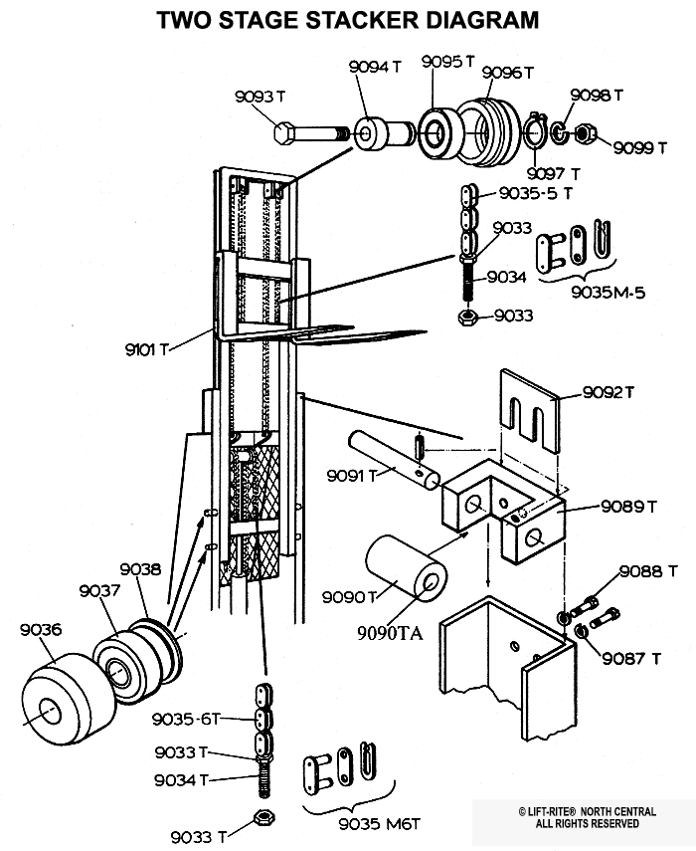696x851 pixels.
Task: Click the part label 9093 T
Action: click(260, 97)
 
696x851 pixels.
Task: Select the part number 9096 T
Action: click(508, 73)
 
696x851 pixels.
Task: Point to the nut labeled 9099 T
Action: click(586, 133)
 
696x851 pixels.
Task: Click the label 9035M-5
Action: click(609, 293)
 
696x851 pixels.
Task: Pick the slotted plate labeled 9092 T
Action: click(529, 410)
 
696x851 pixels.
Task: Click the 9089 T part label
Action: click(628, 507)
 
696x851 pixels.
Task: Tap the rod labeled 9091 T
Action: click(394, 460)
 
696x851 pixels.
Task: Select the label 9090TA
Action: click(390, 633)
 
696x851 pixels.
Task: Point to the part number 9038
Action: click(140, 569)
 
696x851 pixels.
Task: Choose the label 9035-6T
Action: click(186, 719)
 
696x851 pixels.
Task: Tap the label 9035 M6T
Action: click(380, 824)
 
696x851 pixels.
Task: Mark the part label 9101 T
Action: click(147, 349)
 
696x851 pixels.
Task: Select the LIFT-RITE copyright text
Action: click(587, 817)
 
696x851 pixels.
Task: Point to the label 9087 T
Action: click(631, 658)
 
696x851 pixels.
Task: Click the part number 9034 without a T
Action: click(506, 277)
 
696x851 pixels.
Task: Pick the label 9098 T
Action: click(597, 95)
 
